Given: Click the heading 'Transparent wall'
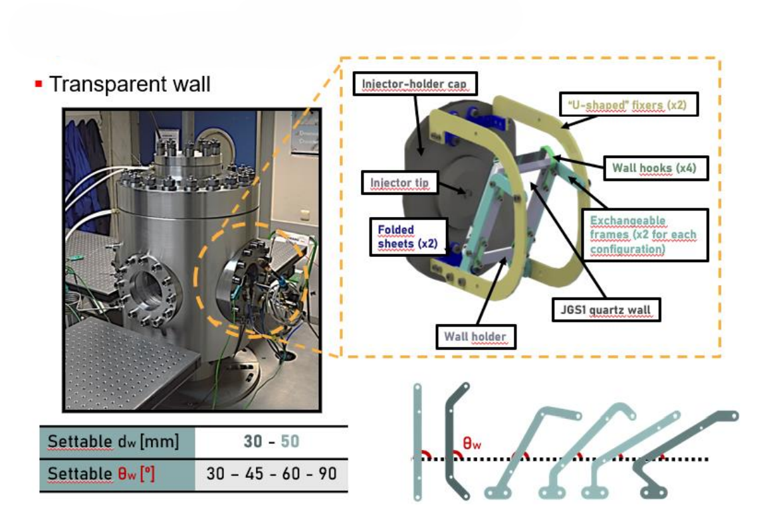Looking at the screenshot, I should click(x=130, y=84).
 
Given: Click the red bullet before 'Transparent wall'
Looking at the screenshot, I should click(x=39, y=84).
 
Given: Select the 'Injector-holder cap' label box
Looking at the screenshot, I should click(x=415, y=83).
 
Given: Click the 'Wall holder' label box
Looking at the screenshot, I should click(x=475, y=336).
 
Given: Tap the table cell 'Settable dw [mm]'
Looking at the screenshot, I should click(x=113, y=441).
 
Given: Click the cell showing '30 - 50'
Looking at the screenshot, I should click(x=271, y=441).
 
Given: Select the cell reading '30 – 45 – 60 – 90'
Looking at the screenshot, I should click(x=271, y=475).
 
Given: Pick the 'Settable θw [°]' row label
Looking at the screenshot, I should click(x=113, y=475).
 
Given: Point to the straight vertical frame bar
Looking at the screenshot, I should click(x=417, y=441).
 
